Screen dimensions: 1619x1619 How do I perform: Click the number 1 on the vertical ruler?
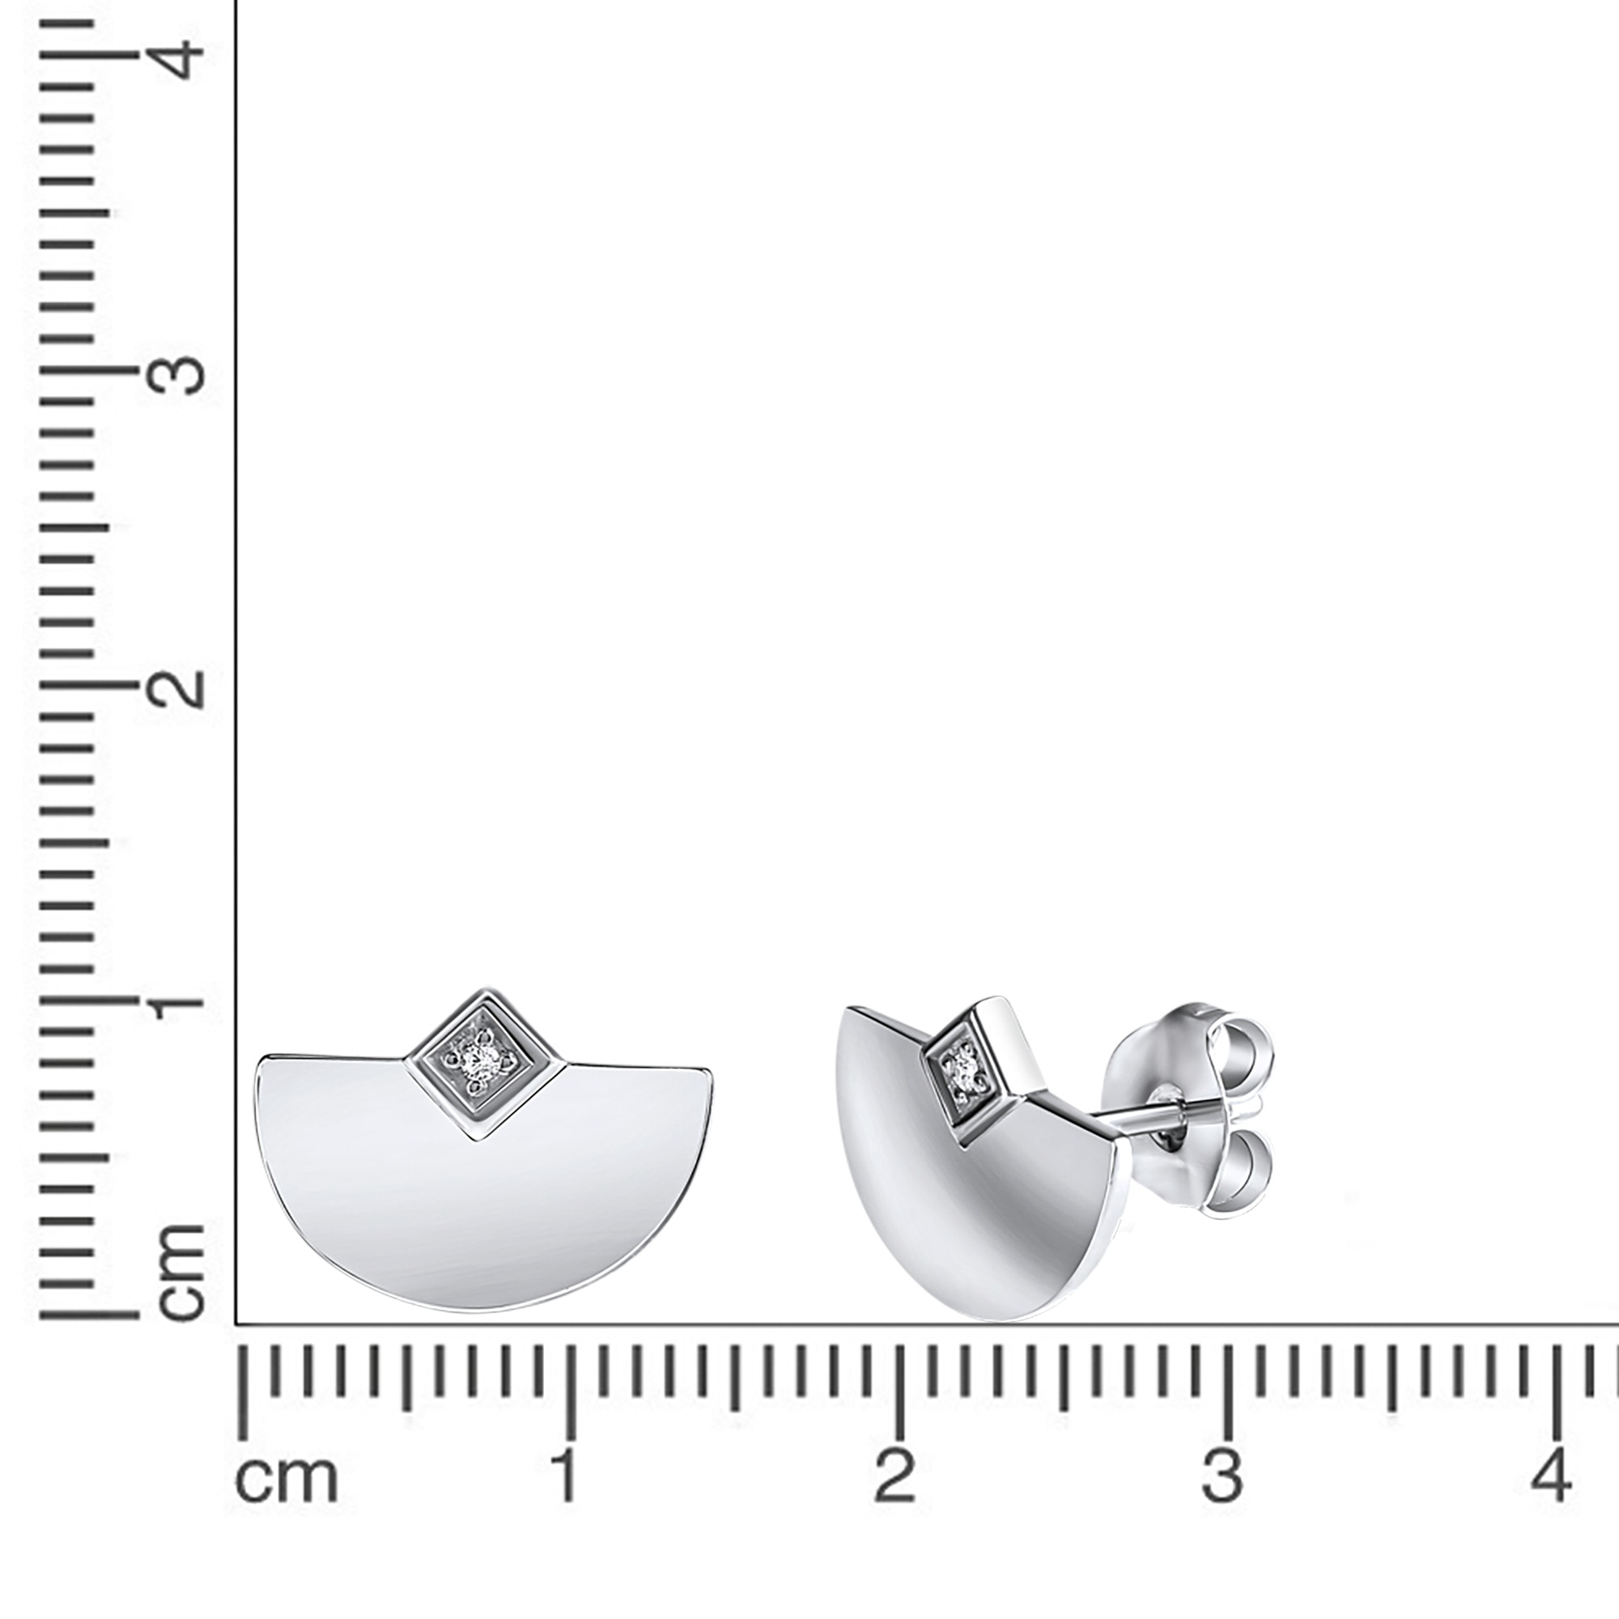pyautogui.click(x=177, y=1001)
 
